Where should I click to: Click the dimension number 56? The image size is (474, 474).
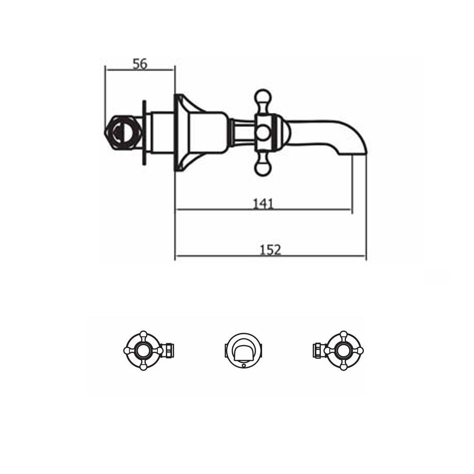point(140,64)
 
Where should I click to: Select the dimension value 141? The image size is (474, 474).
point(263,203)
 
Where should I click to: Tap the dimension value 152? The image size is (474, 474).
point(271,250)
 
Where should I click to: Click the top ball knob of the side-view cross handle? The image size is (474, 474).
point(263,96)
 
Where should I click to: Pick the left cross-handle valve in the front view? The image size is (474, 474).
point(143,351)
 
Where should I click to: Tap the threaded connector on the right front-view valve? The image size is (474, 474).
point(318,351)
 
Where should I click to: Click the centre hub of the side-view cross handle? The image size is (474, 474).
point(263,132)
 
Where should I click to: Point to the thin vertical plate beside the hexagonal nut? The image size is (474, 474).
point(144,133)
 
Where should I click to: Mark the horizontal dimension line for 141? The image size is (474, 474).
point(263,210)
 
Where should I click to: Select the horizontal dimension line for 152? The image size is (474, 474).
point(270,256)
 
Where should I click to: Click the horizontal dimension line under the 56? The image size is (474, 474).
point(140,70)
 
